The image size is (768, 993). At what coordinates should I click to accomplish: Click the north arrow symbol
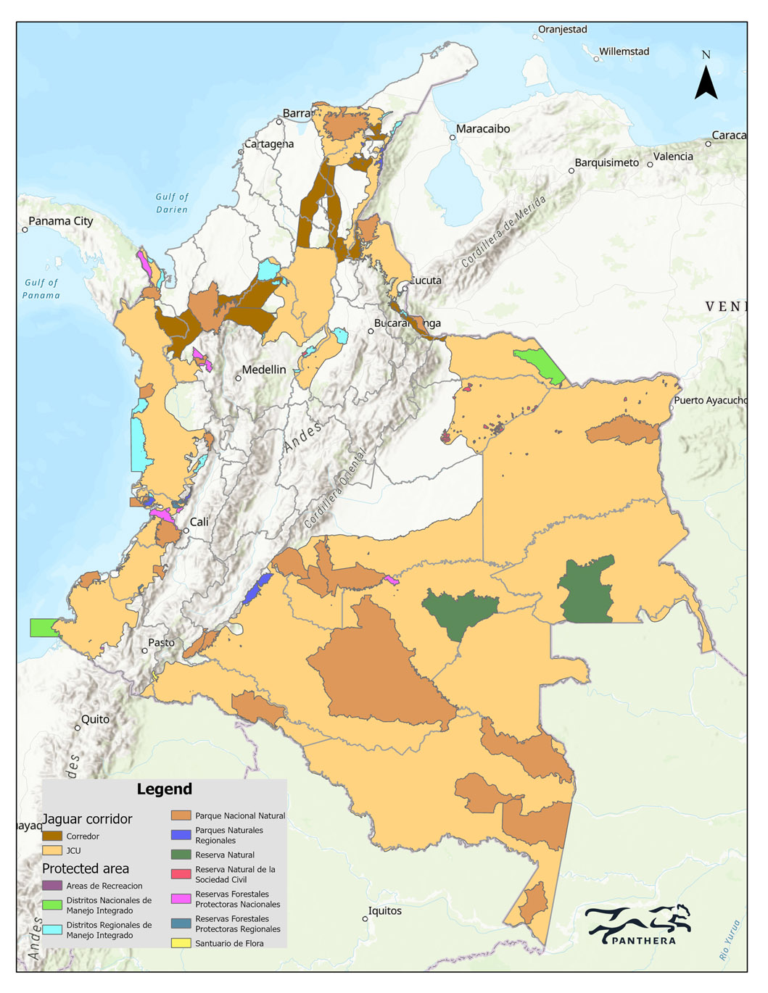pyautogui.click(x=706, y=81)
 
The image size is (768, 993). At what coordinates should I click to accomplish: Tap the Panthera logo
pyautogui.click(x=638, y=925)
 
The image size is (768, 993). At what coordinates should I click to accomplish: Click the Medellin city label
pyautogui.click(x=264, y=370)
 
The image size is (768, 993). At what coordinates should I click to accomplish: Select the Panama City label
pyautogui.click(x=61, y=221)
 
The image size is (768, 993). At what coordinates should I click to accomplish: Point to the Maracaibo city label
pyautogui.click(x=483, y=129)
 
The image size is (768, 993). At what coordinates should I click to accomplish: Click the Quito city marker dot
pyautogui.click(x=78, y=728)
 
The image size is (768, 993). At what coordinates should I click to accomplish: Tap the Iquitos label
pyautogui.click(x=384, y=911)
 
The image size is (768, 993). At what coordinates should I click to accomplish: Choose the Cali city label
pyautogui.click(x=199, y=522)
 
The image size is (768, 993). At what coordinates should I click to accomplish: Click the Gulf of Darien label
pyautogui.click(x=172, y=203)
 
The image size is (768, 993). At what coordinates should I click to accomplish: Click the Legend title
pyautogui.click(x=165, y=789)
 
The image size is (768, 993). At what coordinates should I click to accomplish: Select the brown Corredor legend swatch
pyautogui.click(x=52, y=836)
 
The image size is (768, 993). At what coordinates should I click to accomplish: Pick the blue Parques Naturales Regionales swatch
pyautogui.click(x=181, y=835)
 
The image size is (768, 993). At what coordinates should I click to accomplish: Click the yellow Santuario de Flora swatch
pyautogui.click(x=181, y=943)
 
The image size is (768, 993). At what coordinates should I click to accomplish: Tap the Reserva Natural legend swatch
pyautogui.click(x=181, y=855)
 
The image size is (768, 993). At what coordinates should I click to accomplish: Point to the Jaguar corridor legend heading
pyautogui.click(x=87, y=819)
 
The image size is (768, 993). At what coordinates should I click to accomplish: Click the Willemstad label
pyautogui.click(x=624, y=51)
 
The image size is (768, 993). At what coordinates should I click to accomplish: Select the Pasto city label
pyautogui.click(x=161, y=643)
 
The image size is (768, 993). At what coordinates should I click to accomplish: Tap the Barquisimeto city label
pyautogui.click(x=607, y=163)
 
